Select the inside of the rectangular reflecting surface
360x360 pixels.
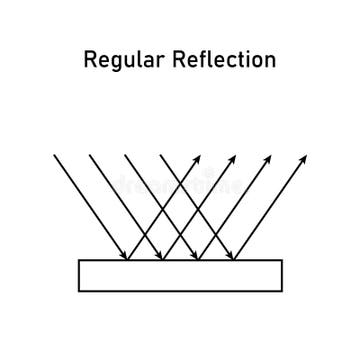180,275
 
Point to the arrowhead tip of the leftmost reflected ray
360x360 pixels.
200,155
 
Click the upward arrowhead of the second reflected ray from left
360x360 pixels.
236,155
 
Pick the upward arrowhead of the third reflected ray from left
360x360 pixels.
271,155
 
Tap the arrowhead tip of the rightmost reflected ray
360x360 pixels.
306,155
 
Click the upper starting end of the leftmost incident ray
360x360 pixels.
54,155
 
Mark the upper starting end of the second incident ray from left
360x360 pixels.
89,155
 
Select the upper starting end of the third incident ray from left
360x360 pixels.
124,155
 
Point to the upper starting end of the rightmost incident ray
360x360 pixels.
160,155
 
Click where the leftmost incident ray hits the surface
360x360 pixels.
127,260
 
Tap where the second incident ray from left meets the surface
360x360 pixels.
163,260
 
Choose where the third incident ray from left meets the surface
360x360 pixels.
198,260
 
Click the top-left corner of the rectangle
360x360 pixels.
79,260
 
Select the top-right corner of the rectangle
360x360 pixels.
282,260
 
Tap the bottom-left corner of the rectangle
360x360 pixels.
79,290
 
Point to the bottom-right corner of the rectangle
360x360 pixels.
282,290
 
